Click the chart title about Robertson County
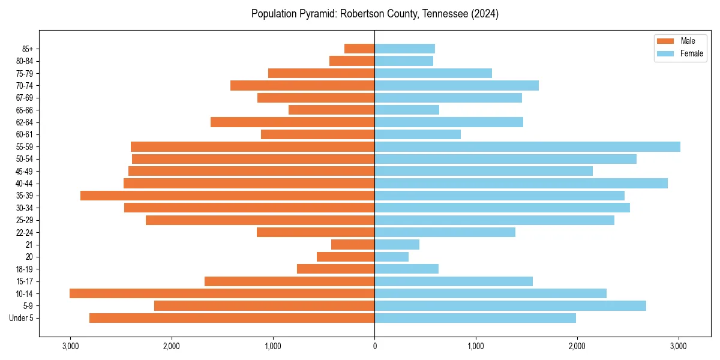pos(375,14)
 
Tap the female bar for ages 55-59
pos(527,147)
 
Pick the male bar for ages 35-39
pos(227,196)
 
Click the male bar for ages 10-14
pos(222,293)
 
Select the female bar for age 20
pos(391,257)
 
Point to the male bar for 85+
pos(359,49)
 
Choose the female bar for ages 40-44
pos(521,184)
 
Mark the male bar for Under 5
pos(232,318)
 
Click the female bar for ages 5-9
pos(510,306)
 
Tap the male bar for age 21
pos(353,245)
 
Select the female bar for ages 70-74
pos(456,86)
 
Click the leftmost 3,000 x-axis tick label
pos(70,346)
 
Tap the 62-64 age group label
pos(24,122)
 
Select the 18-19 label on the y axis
pos(24,269)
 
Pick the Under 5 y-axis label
pos(22,318)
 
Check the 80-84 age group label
pos(24,61)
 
